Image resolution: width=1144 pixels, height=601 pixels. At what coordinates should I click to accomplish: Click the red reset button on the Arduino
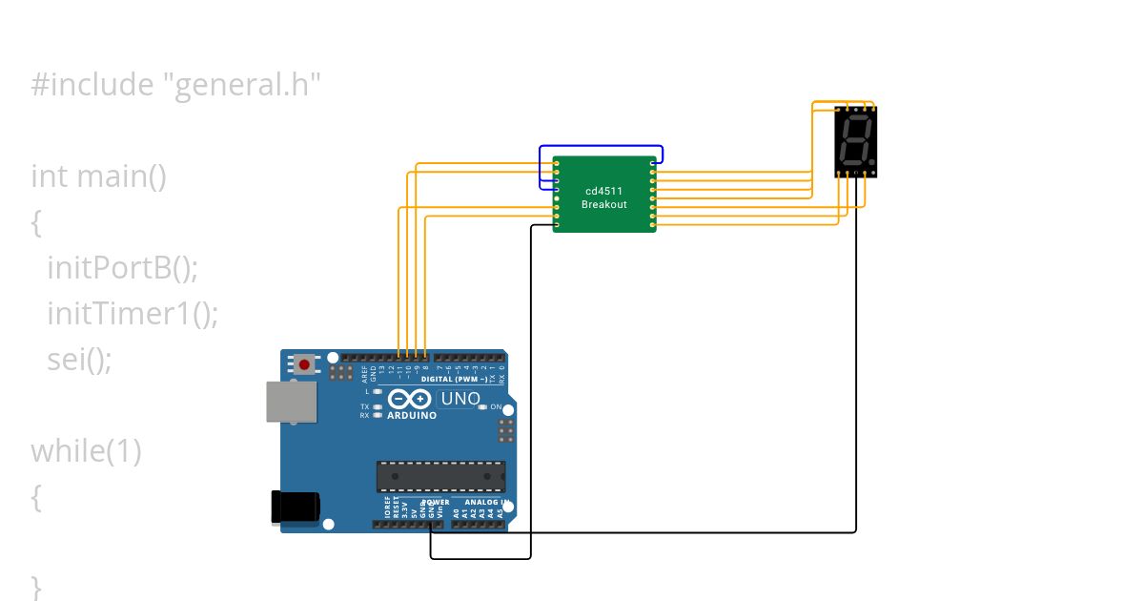(305, 363)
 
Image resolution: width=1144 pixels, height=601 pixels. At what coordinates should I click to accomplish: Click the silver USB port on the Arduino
(291, 402)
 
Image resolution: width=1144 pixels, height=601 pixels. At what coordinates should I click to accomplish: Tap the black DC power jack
(295, 507)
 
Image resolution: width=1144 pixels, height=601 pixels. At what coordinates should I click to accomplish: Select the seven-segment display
(855, 141)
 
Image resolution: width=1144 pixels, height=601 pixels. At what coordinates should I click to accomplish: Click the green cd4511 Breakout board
(604, 195)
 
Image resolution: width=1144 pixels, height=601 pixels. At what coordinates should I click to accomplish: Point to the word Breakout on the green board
(604, 205)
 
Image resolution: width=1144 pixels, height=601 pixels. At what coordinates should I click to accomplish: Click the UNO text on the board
(460, 398)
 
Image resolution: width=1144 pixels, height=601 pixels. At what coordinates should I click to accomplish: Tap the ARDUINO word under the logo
(412, 415)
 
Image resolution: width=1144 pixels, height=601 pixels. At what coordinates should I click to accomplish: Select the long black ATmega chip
(440, 476)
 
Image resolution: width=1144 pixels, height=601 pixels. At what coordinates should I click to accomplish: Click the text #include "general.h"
(175, 85)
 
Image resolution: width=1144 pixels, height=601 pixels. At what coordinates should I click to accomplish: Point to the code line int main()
(99, 176)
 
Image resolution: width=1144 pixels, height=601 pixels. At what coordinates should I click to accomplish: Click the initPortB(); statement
(122, 268)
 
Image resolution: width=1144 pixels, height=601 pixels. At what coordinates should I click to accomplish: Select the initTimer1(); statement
(133, 314)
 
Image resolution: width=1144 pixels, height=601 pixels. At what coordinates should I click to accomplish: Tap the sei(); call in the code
(79, 360)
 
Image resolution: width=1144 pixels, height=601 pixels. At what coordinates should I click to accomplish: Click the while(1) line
(86, 451)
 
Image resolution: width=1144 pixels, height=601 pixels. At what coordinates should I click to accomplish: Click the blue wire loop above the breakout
(601, 147)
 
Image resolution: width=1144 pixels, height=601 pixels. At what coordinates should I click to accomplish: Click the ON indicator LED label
(496, 407)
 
